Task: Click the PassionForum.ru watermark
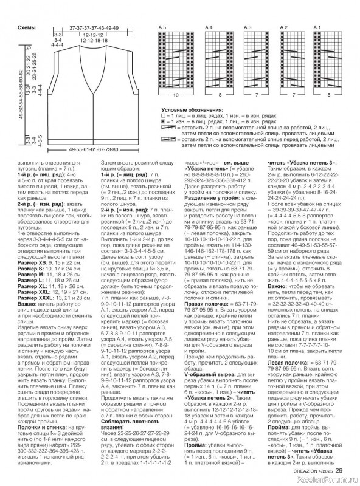331,480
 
